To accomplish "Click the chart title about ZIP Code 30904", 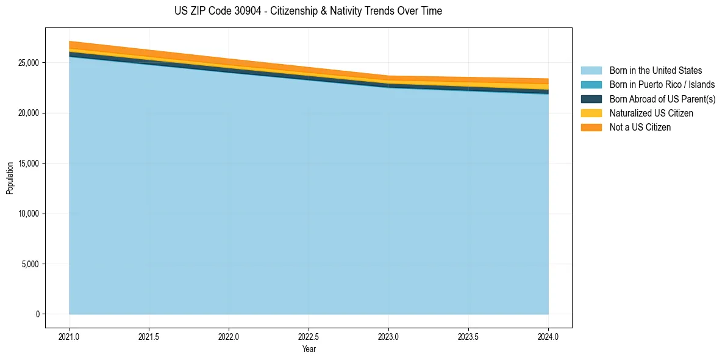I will pos(308,11).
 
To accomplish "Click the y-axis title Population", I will pos(10,178).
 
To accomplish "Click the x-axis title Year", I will pos(309,349).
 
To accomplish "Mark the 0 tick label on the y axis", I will pos(37,314).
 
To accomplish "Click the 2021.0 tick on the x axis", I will pos(69,336).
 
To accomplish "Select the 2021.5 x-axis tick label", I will pos(149,336).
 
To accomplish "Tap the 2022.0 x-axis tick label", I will pos(229,336).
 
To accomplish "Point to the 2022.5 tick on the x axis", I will pos(309,336).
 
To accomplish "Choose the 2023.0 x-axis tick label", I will pos(388,336).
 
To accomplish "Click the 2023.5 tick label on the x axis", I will pos(468,336).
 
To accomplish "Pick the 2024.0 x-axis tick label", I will pos(548,336).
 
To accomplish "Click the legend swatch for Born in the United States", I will pos(591,71).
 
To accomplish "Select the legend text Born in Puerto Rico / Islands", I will pos(662,85).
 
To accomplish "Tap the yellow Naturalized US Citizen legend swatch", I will pos(591,113).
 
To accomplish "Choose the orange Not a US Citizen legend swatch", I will pos(591,128).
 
